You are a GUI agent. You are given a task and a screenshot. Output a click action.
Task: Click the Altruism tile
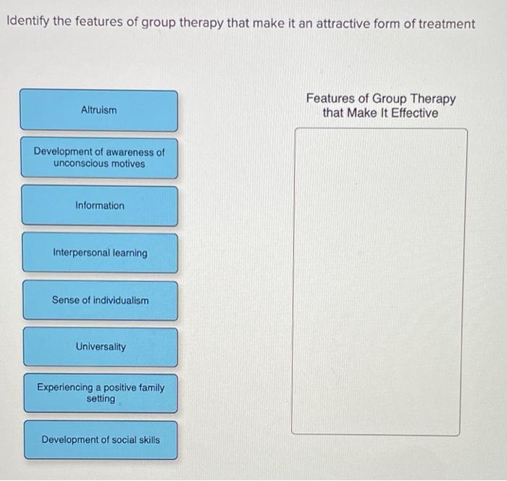click(99, 110)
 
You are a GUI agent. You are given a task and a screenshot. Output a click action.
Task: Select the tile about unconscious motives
click(99, 158)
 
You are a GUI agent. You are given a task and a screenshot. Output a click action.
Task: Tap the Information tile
click(99, 206)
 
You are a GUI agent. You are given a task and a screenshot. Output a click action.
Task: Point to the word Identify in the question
click(28, 23)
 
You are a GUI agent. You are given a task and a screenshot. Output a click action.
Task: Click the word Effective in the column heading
click(412, 113)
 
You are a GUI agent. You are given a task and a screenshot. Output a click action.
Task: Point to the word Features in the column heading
click(330, 99)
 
